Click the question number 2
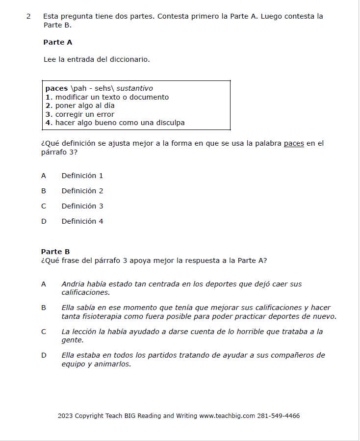[x=28, y=16]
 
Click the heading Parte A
[x=57, y=43]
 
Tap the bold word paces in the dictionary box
[x=56, y=89]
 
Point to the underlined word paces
[x=294, y=144]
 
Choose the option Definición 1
[x=82, y=176]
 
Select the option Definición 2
[x=82, y=191]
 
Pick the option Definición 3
[x=82, y=206]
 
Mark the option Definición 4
[x=82, y=221]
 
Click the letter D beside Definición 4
[x=44, y=221]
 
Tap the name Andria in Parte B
[x=73, y=284]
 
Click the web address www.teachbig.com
[x=227, y=416]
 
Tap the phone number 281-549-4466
[x=279, y=416]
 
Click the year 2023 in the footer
[x=65, y=416]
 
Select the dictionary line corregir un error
[x=84, y=114]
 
